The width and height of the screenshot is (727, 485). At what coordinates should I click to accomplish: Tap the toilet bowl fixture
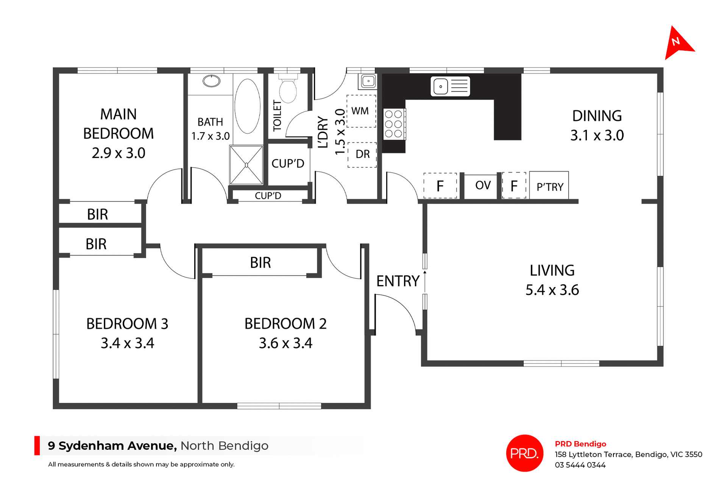tap(288, 90)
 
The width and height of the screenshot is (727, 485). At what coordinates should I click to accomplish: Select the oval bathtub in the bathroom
tap(247, 106)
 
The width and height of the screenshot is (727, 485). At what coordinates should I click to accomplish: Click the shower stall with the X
tap(246, 165)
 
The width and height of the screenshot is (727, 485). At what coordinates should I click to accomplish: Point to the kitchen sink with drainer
tap(450, 86)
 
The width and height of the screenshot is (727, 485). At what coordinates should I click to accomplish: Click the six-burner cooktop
tap(393, 124)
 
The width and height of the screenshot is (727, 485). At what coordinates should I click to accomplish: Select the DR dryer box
tap(362, 154)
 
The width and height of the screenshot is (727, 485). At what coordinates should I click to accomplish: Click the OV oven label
tap(483, 186)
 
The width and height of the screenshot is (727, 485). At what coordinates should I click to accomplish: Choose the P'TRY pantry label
tap(550, 187)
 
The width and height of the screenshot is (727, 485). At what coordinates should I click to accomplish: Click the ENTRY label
tap(398, 281)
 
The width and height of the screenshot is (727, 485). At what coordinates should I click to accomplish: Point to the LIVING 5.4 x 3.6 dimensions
tap(552, 290)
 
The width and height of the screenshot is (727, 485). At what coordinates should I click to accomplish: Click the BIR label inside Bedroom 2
tap(261, 263)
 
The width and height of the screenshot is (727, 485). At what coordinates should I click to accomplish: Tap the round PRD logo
tap(524, 453)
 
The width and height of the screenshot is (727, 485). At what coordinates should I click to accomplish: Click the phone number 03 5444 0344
tap(580, 465)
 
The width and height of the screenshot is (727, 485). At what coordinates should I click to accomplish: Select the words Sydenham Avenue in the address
tap(118, 446)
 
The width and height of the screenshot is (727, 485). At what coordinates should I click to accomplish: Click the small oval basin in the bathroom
tap(211, 81)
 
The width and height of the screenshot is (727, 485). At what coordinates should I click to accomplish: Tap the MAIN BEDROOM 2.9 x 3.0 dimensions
tap(119, 153)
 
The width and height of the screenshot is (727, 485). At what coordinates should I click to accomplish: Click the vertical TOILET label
tap(278, 115)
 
